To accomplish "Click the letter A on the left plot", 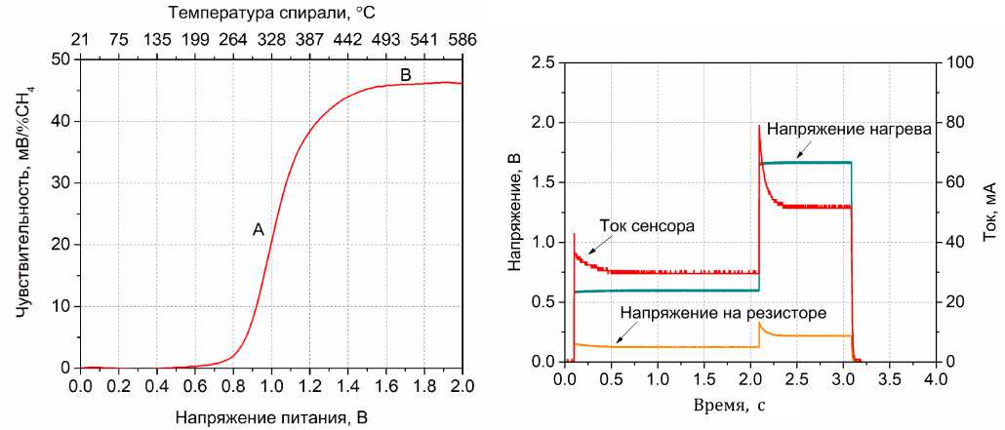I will (x=259, y=230).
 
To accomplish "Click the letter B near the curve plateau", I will (x=407, y=75).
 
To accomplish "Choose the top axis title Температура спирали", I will (x=270, y=14).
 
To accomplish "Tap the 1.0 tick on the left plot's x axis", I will (x=270, y=386).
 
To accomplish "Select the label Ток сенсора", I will (x=647, y=225).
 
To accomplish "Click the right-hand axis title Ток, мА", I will (x=990, y=212).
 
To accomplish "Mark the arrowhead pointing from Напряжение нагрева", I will (x=796, y=155).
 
